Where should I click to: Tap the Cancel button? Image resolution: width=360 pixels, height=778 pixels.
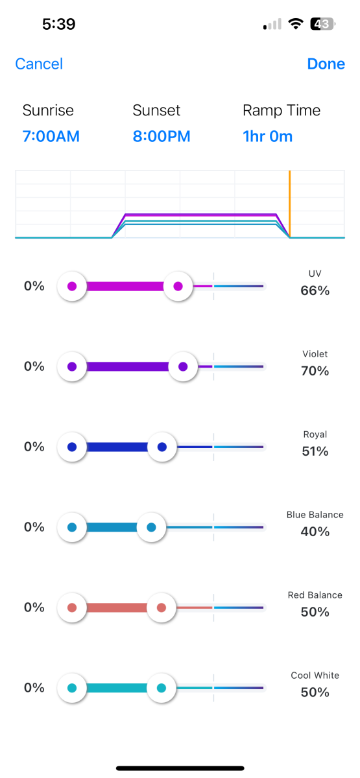pyautogui.click(x=39, y=64)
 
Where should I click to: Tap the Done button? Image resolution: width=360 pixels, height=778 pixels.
pyautogui.click(x=326, y=64)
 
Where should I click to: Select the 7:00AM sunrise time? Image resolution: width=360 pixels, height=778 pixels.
pyautogui.click(x=51, y=136)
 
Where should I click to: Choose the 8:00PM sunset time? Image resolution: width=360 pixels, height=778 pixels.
pyautogui.click(x=162, y=136)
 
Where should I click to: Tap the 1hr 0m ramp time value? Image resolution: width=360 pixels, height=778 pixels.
pyautogui.click(x=267, y=136)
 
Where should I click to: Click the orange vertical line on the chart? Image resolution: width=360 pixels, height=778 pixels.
pyautogui.click(x=289, y=204)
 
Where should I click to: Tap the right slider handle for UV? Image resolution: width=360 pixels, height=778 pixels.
pyautogui.click(x=178, y=286)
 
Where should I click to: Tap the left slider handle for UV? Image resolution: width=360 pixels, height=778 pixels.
pyautogui.click(x=72, y=286)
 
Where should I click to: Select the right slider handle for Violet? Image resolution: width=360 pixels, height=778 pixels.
pyautogui.click(x=183, y=366)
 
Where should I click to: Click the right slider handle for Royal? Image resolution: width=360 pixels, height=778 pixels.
pyautogui.click(x=162, y=447)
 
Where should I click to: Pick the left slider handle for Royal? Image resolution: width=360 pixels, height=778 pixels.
pyautogui.click(x=72, y=447)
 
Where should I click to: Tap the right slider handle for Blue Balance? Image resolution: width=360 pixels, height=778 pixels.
pyautogui.click(x=151, y=527)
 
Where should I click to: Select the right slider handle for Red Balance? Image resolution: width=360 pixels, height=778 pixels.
pyautogui.click(x=162, y=607)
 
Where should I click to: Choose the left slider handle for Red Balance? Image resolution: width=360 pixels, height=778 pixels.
pyautogui.click(x=72, y=607)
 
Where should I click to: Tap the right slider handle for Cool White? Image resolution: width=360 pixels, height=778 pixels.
pyautogui.click(x=162, y=688)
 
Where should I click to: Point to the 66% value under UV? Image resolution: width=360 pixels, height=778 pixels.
pyautogui.click(x=315, y=290)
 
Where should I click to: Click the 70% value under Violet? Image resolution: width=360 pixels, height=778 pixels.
pyautogui.click(x=315, y=371)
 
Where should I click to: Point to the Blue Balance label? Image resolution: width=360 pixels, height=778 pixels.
pyautogui.click(x=315, y=515)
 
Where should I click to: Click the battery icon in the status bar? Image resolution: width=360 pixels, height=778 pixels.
pyautogui.click(x=323, y=24)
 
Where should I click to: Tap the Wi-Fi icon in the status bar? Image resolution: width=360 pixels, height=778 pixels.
pyautogui.click(x=296, y=24)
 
